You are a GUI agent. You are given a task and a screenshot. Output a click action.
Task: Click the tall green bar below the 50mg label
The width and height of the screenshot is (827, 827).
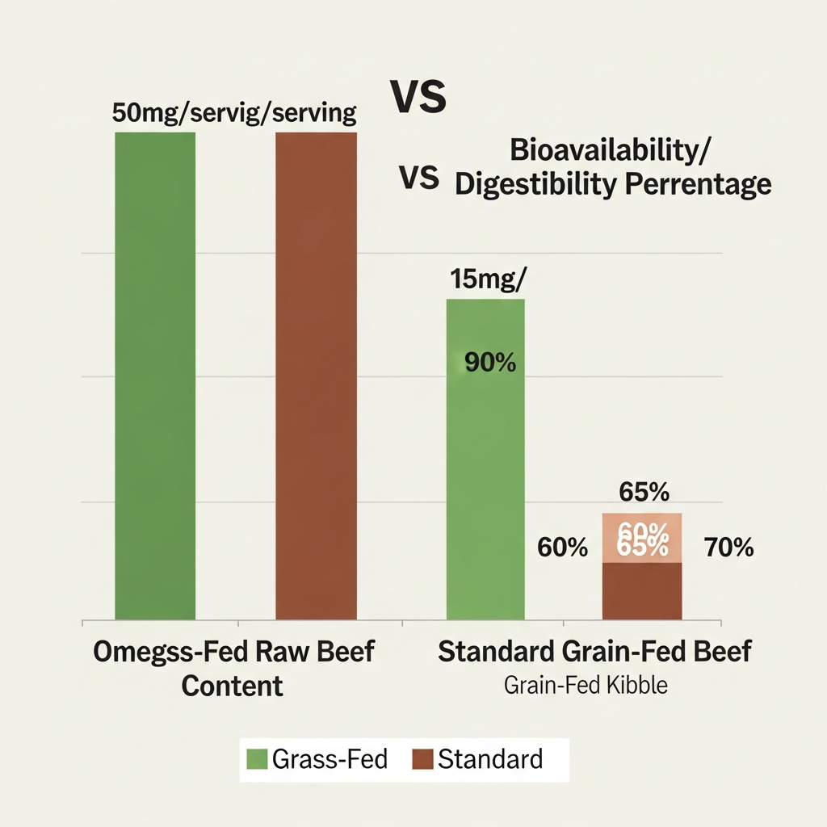point(155,376)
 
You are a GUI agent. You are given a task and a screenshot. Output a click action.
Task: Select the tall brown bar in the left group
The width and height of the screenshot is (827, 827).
point(316,376)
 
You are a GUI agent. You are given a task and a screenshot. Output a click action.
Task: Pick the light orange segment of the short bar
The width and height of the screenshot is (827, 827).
point(642,538)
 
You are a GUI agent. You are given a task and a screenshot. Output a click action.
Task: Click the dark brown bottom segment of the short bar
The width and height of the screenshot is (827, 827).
point(642,591)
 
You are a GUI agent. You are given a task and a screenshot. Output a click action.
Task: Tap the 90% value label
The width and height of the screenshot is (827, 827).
point(490,363)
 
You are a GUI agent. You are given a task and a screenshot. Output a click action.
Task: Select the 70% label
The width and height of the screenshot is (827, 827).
point(728,548)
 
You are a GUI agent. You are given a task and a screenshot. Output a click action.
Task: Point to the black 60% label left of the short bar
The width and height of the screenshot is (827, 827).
point(562,548)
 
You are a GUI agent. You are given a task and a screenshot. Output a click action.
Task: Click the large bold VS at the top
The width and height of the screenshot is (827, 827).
point(418,97)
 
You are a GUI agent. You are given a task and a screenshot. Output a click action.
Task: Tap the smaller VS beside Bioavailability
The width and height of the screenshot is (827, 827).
point(420,178)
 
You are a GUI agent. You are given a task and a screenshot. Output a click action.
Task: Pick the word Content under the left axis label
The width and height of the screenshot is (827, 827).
point(233,686)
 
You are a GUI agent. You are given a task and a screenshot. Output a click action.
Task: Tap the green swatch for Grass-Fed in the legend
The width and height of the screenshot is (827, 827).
point(257,759)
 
